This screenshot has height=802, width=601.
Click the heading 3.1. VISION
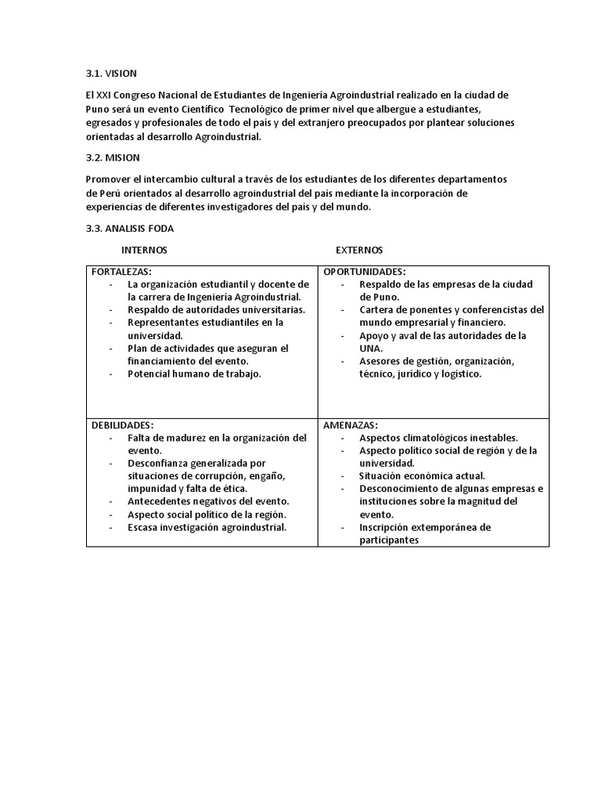click(x=111, y=74)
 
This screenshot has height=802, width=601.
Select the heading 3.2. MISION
click(x=113, y=157)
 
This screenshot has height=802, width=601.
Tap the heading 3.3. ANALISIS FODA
click(x=130, y=228)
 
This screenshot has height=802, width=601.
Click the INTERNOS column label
click(x=144, y=250)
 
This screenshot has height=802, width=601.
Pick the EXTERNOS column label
click(x=359, y=250)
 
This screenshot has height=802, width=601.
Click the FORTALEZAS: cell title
click(x=121, y=271)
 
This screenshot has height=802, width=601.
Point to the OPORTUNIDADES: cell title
click(x=364, y=271)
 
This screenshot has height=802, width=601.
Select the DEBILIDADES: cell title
click(x=122, y=424)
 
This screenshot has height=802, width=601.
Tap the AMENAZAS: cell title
click(x=350, y=424)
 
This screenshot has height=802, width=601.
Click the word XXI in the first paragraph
click(x=106, y=95)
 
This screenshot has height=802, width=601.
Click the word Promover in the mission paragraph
click(x=107, y=179)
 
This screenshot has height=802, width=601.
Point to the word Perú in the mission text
click(x=110, y=193)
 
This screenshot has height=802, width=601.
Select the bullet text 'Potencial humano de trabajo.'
click(x=194, y=374)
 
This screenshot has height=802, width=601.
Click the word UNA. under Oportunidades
click(x=371, y=348)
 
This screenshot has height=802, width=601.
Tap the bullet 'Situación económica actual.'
click(x=422, y=475)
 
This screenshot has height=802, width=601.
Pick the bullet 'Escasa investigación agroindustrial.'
click(x=207, y=527)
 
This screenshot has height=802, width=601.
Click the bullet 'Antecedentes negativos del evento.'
click(x=208, y=501)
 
